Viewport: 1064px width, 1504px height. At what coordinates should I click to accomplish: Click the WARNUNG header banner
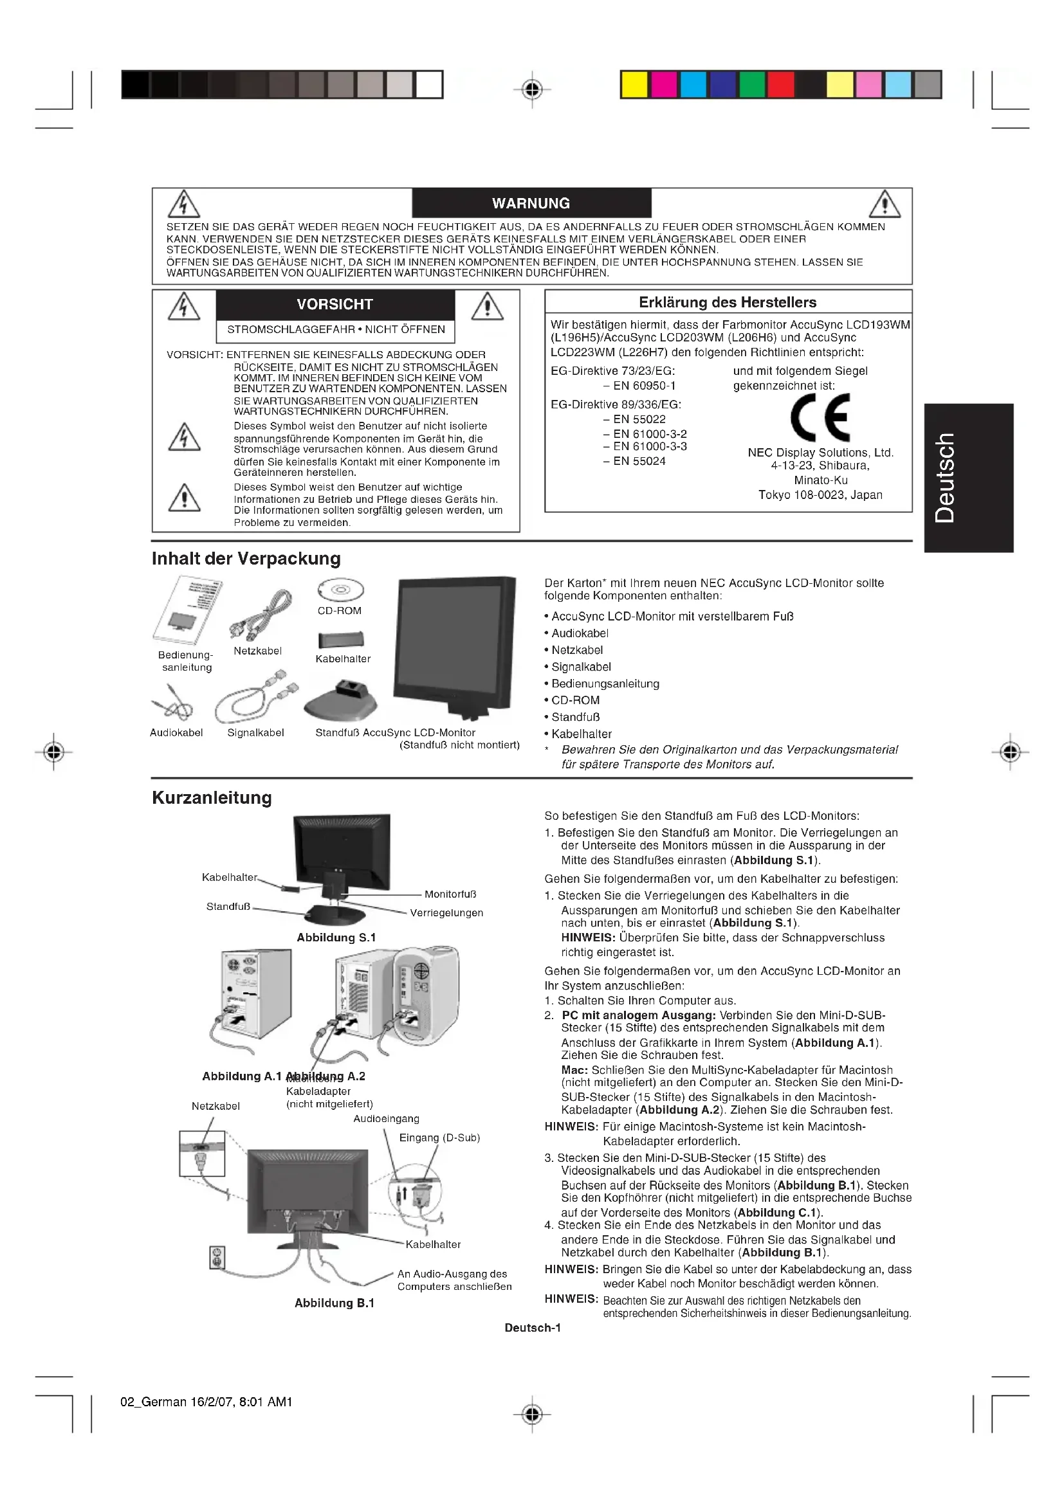[x=531, y=203]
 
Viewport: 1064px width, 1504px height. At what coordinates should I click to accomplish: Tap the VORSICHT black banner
[x=335, y=304]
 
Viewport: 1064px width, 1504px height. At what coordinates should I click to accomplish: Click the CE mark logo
[x=820, y=417]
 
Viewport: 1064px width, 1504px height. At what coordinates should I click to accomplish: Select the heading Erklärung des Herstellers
[x=728, y=303]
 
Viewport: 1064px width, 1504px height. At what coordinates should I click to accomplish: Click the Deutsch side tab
[x=968, y=478]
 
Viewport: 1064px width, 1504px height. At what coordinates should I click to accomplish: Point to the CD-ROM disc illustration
[x=340, y=590]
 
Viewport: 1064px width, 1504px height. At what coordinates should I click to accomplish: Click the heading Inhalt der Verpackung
[x=246, y=559]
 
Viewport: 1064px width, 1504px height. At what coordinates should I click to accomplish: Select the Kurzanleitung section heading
[x=212, y=798]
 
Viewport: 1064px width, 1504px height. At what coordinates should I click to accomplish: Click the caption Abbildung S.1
[x=336, y=938]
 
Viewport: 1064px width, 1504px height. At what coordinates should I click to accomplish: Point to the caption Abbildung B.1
[x=334, y=1303]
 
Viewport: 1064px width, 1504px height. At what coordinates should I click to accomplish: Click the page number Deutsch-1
[x=532, y=1328]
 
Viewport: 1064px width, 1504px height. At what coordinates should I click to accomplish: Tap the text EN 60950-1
[x=644, y=386]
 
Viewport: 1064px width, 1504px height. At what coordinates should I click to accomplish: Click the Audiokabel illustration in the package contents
[x=172, y=704]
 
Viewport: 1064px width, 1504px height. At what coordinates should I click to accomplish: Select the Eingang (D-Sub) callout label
[x=439, y=1138]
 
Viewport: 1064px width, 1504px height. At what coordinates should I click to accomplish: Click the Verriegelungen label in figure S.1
[x=446, y=913]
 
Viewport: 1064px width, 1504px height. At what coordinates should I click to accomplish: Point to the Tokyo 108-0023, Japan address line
[x=820, y=495]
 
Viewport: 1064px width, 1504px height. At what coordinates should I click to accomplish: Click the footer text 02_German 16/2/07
[x=206, y=1402]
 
